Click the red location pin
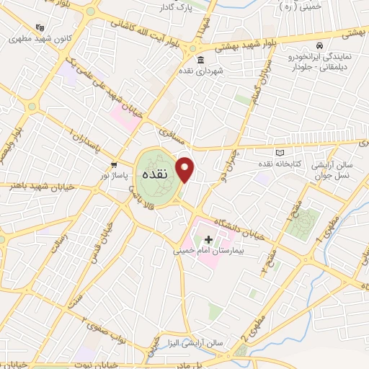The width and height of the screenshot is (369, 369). tap(186, 169)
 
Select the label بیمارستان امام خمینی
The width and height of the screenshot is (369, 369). tap(209, 252)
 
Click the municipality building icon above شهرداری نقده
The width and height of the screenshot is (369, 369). tap(198, 60)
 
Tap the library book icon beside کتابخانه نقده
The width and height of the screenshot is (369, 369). tap(280, 153)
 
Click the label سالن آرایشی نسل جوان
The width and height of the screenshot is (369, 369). tap(334, 171)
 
